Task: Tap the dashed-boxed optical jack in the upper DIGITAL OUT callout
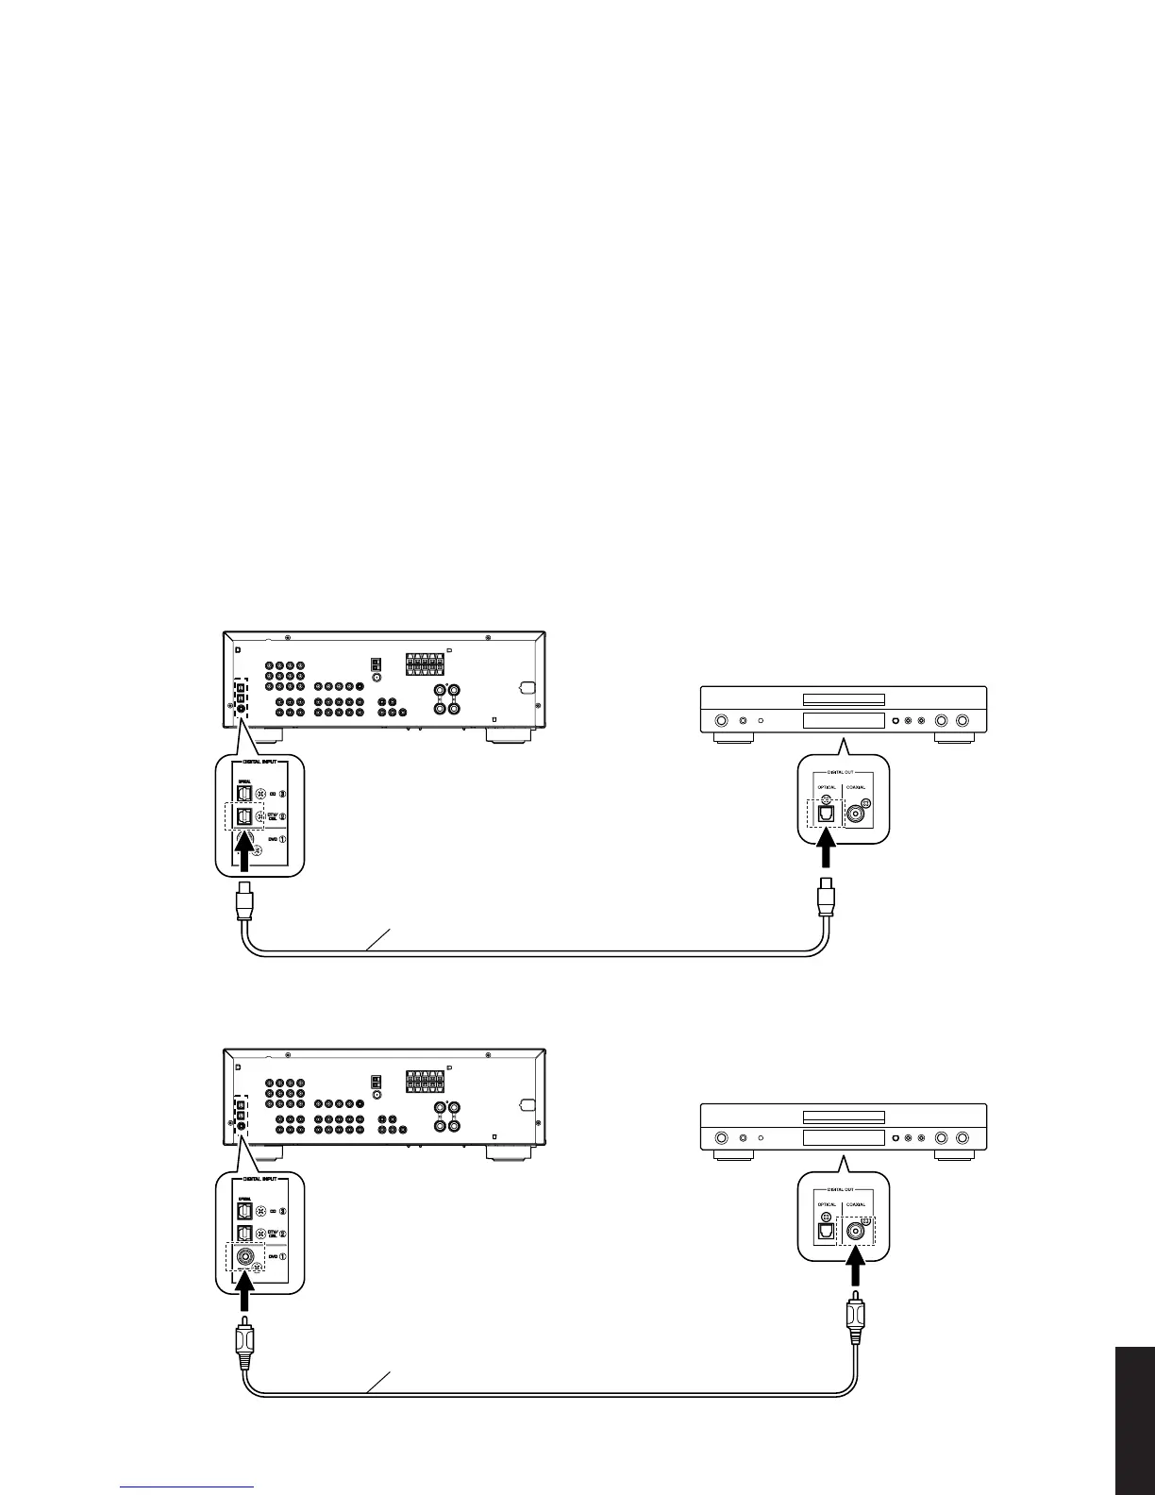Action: click(x=827, y=813)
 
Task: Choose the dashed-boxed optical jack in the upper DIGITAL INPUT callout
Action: click(x=244, y=816)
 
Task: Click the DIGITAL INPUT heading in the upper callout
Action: click(x=259, y=769)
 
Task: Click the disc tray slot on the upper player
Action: click(x=843, y=699)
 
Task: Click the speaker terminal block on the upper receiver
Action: click(x=424, y=664)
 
